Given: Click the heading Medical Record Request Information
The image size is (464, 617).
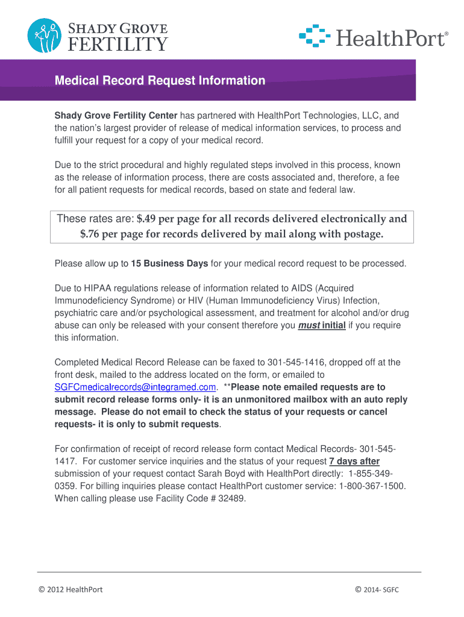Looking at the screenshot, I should point(160,81).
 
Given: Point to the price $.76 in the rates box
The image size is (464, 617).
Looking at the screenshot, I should point(90,234).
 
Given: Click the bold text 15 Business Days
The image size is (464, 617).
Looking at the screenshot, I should point(169,263).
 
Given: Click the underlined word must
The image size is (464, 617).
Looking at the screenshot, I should point(309,325).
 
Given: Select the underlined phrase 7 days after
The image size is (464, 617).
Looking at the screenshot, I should point(354,461).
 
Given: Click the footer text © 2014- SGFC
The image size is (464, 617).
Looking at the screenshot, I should point(377,589).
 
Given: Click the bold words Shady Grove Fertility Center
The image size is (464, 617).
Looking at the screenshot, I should point(116,115).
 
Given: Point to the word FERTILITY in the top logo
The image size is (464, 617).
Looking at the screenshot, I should point(120,44).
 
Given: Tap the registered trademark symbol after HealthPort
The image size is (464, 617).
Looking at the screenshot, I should point(447,34).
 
